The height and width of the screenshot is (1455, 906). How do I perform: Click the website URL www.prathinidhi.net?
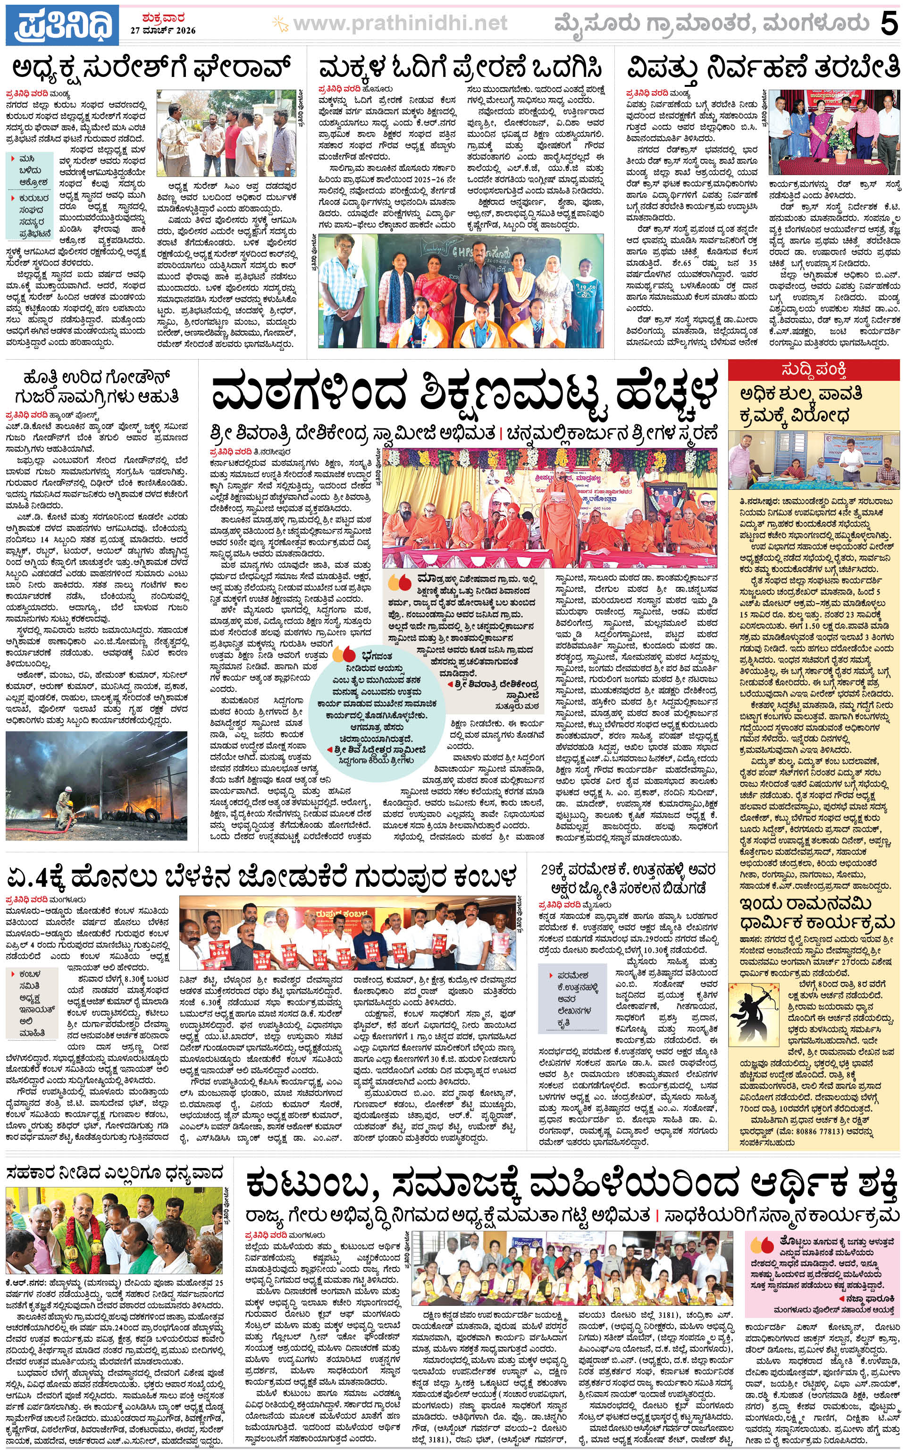(x=400, y=24)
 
